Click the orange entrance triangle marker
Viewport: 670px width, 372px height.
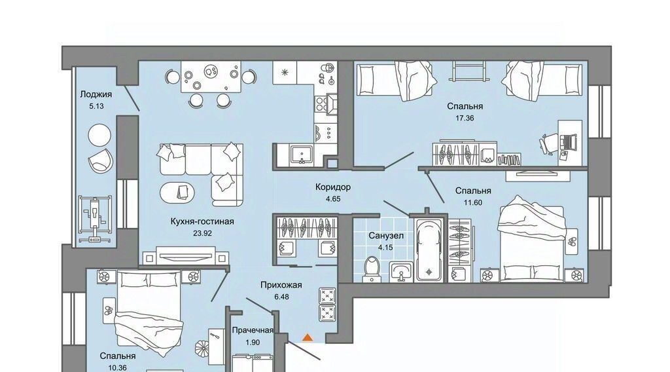308,338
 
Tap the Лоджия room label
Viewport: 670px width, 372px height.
96,94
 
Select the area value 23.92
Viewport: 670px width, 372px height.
202,233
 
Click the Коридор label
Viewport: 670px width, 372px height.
333,187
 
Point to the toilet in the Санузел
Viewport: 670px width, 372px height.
372,269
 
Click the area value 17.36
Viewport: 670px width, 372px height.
465,118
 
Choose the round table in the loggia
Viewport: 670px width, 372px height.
99,136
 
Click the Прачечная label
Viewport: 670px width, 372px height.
253,330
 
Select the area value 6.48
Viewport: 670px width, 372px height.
281,296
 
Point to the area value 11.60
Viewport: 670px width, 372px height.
473,202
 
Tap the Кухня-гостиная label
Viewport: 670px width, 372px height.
202,221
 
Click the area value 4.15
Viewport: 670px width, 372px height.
386,247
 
